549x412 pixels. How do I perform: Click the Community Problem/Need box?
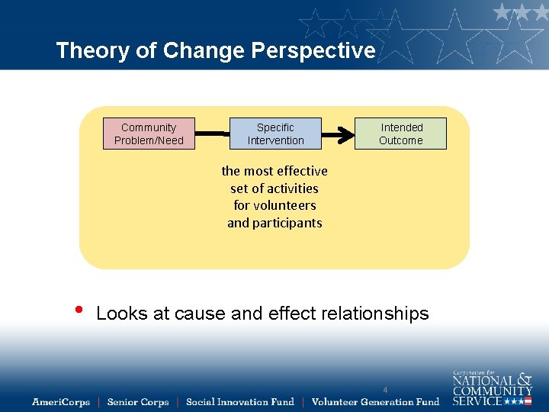pos(149,134)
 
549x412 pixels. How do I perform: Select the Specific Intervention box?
pos(275,134)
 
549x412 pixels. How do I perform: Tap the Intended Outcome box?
pos(401,134)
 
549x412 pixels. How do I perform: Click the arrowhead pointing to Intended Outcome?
pos(347,134)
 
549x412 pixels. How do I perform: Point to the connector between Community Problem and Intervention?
pos(212,134)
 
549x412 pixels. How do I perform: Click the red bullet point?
pos(79,311)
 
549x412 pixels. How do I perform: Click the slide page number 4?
pos(385,391)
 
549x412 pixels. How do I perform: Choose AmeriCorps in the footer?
pos(61,402)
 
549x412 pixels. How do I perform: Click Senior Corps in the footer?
pos(138,402)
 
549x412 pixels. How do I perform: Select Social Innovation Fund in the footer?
pos(239,402)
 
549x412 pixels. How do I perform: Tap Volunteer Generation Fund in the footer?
pos(375,402)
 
